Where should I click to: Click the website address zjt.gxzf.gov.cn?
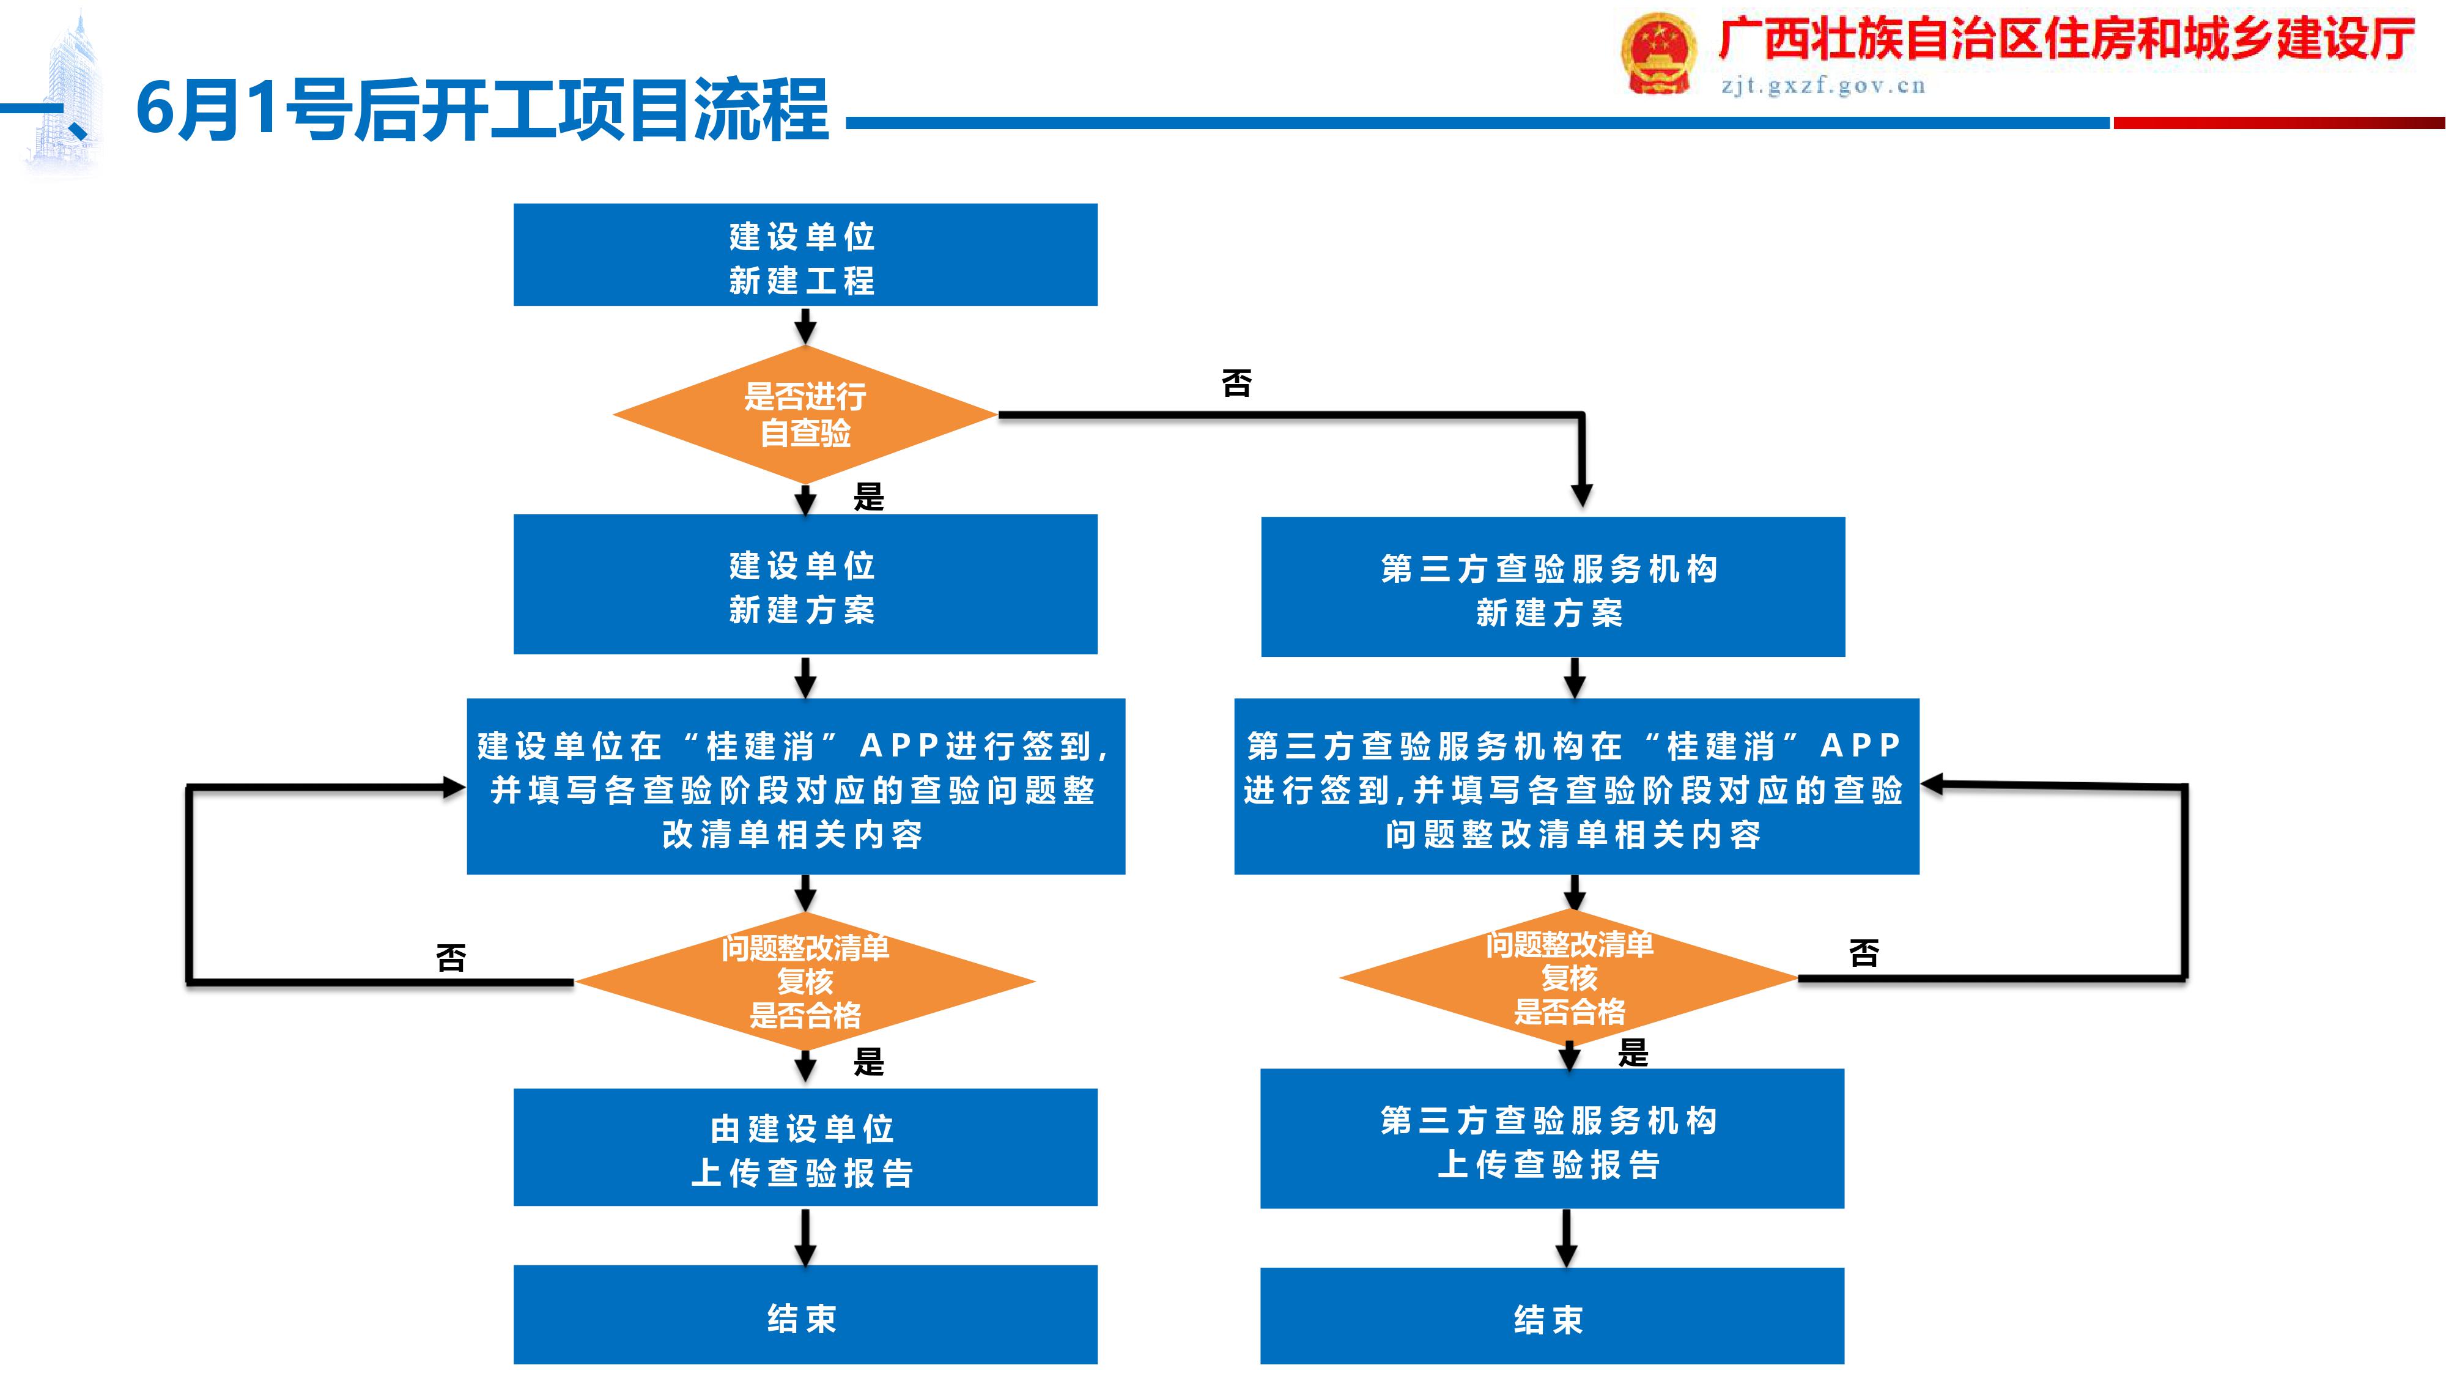(x=1823, y=86)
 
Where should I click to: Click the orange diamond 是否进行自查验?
(x=805, y=415)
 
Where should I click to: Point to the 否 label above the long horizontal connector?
(x=1236, y=383)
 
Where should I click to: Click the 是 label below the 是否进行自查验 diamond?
(x=868, y=496)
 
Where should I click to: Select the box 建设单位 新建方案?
(x=805, y=585)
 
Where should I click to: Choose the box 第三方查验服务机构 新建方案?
(x=1553, y=588)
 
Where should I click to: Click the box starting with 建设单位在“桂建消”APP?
(x=796, y=787)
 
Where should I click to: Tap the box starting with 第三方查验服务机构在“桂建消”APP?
(x=1576, y=787)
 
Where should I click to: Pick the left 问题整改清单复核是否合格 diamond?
(x=805, y=981)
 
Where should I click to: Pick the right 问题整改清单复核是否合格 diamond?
(x=1568, y=978)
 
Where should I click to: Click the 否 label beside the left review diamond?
(x=451, y=957)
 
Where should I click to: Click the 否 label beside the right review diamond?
(x=1863, y=952)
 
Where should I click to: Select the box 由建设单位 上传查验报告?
(x=805, y=1148)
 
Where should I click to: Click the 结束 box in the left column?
(x=805, y=1315)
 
